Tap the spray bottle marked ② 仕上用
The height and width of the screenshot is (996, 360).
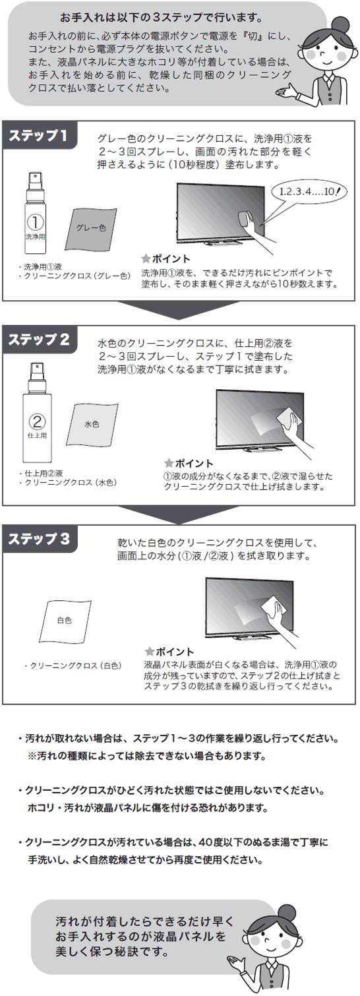click(35, 416)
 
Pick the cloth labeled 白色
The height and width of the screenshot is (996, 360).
click(65, 621)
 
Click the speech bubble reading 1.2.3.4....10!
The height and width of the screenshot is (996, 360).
click(306, 192)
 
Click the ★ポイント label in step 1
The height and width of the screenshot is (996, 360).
click(167, 259)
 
